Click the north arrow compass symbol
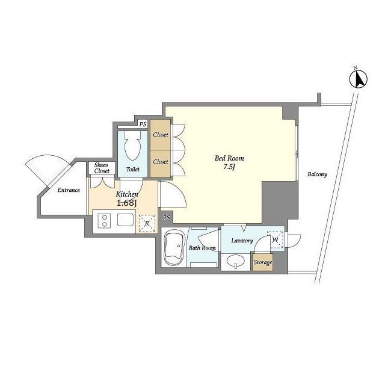[x=359, y=79]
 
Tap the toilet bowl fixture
[x=132, y=146]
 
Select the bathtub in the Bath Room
[x=174, y=248]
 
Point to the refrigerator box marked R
[x=147, y=223]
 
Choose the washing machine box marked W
[x=275, y=239]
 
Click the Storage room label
[x=263, y=262]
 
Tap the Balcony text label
[x=317, y=174]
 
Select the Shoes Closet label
[x=102, y=168]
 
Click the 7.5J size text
[x=229, y=167]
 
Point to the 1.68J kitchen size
[x=126, y=203]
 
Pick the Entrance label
[x=69, y=190]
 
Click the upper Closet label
[x=161, y=135]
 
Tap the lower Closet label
[x=161, y=162]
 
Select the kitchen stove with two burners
[x=104, y=221]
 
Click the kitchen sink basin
[x=125, y=220]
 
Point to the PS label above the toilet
[x=143, y=125]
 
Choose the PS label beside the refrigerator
[x=167, y=217]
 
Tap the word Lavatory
[x=242, y=241]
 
